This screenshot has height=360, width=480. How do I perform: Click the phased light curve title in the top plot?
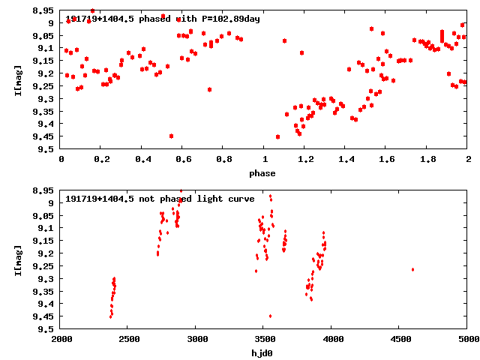click(163, 19)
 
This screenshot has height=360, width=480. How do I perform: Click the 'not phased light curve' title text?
click(160, 199)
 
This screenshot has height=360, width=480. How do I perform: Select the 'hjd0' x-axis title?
click(262, 352)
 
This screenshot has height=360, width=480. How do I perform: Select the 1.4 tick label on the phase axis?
click(346, 160)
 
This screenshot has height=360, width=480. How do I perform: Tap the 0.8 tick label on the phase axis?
click(223, 160)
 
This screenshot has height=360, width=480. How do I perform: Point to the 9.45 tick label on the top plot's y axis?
click(43, 136)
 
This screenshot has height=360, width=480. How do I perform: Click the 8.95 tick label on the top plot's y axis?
click(43, 10)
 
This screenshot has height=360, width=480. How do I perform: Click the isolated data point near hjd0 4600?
click(412, 269)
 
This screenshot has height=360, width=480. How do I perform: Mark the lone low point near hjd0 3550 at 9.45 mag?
click(270, 316)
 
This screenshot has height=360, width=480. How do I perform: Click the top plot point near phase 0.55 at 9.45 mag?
click(172, 136)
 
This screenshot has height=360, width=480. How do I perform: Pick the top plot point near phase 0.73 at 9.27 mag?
click(209, 89)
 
